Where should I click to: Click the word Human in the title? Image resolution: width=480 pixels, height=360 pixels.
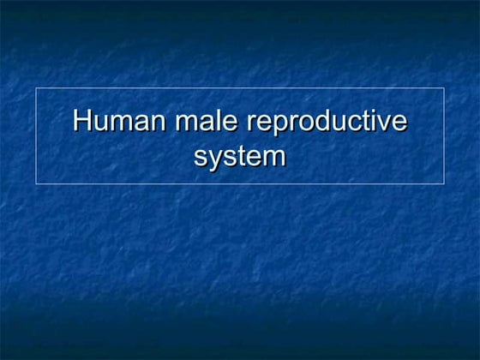pos(121,120)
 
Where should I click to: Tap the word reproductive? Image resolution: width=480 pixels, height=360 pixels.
pos(327,122)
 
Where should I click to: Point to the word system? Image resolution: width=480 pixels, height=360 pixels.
pos(240,157)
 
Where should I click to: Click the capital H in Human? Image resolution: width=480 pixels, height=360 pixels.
pos(82,120)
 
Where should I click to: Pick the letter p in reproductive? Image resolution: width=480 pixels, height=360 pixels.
pos(283,123)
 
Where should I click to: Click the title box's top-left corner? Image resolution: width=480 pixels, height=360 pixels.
pos(35,87)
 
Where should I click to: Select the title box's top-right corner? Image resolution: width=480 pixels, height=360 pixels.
pos(444,87)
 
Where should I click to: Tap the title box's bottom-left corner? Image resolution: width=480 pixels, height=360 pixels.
pos(35,183)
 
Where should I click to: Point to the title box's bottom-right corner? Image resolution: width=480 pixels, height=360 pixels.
pos(444,183)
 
